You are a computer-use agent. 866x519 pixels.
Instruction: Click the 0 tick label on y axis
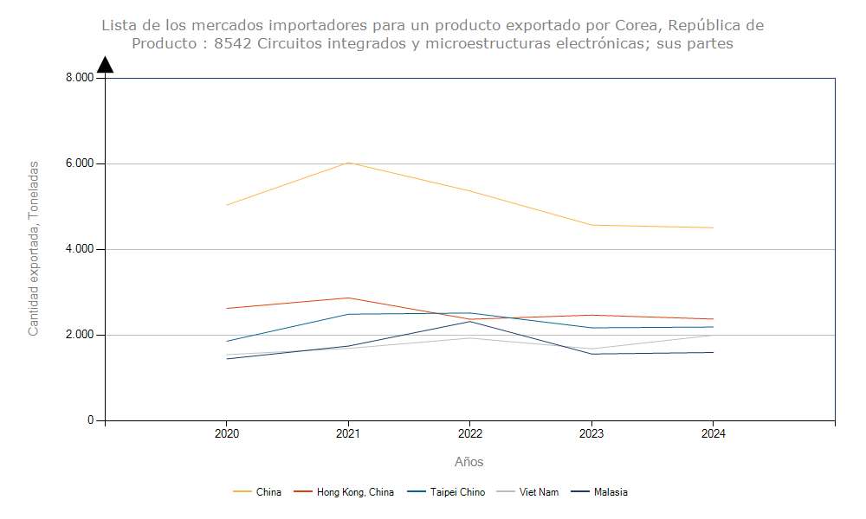point(89,420)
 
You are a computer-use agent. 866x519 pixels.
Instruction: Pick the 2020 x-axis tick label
point(226,433)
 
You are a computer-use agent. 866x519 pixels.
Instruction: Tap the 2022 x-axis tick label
point(469,433)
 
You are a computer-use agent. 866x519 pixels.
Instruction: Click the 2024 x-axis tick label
point(713,433)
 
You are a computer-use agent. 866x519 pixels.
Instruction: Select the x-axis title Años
point(469,462)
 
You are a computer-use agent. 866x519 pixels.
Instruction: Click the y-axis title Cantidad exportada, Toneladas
point(34,248)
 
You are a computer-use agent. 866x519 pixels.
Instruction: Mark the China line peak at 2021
point(348,163)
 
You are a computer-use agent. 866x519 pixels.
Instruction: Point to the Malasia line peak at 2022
point(469,321)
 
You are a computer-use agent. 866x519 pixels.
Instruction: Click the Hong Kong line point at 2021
point(348,298)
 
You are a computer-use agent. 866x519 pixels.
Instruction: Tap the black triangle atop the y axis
point(105,65)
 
